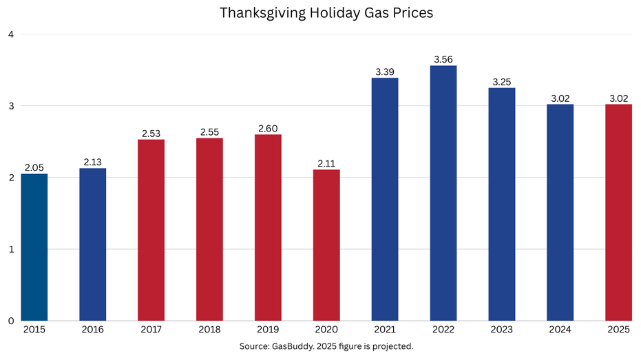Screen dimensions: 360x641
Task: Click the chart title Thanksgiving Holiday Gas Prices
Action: [326, 13]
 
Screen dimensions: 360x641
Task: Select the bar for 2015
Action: [34, 247]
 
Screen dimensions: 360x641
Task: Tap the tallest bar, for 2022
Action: [443, 193]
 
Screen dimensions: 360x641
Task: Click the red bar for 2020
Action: [326, 245]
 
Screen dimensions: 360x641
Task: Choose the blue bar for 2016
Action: [92, 244]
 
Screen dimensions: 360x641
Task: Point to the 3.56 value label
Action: [443, 59]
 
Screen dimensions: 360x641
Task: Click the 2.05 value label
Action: [34, 167]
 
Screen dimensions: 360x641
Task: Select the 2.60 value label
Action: [268, 128]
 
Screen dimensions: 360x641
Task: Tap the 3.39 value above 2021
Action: [385, 72]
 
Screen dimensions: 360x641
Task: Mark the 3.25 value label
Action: [502, 81]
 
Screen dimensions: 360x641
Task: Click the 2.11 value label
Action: [326, 163]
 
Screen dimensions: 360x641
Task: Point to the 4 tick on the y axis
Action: [10, 34]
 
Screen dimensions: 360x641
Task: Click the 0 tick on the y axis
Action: [10, 321]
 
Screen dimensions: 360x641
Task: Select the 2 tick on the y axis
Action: [10, 178]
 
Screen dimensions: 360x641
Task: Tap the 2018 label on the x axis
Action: [209, 330]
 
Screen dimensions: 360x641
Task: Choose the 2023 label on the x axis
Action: [502, 330]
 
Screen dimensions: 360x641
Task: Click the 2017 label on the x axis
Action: [151, 330]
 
